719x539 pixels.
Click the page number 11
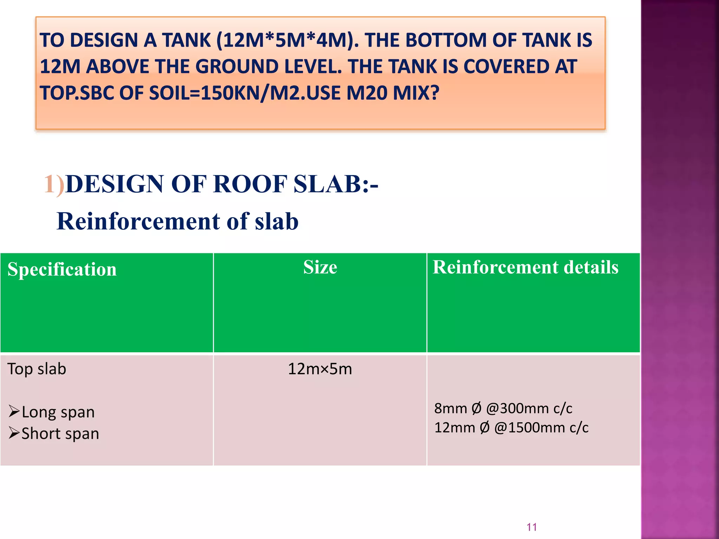pyautogui.click(x=532, y=527)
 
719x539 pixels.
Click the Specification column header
pyautogui.click(x=62, y=269)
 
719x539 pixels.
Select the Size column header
pyautogui.click(x=320, y=267)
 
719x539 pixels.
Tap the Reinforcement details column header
pyautogui.click(x=525, y=267)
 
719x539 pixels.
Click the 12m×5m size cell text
pyautogui.click(x=320, y=369)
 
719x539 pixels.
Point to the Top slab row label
pyautogui.click(x=37, y=369)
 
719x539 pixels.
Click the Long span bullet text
pyautogui.click(x=58, y=412)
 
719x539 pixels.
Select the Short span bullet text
pyautogui.click(x=60, y=434)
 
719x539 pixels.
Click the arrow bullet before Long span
pyautogui.click(x=14, y=411)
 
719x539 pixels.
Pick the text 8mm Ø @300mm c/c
pyautogui.click(x=503, y=408)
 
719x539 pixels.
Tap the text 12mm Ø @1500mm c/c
pyautogui.click(x=511, y=428)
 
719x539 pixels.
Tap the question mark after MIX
pyautogui.click(x=435, y=93)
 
